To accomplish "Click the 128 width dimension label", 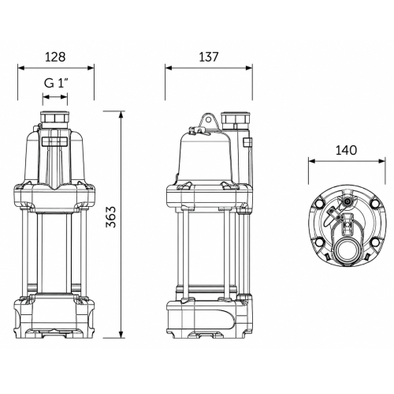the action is (55, 57).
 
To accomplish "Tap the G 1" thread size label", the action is (56, 84).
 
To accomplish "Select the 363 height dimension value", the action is (111, 217).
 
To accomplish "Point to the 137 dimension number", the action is (208, 57).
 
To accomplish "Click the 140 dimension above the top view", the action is (346, 150).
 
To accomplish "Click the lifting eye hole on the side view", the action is (208, 120).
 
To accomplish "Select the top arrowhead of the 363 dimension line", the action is (121, 114).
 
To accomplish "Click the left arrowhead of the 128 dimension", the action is (20, 68).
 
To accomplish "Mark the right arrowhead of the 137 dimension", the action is (249, 68).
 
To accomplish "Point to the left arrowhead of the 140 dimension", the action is (312, 161).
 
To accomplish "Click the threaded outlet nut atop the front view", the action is (55, 118).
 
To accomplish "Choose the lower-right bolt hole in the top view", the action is (376, 242).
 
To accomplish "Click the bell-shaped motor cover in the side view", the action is (206, 158).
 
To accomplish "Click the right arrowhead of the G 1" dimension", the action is (65, 97).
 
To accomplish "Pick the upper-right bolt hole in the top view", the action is (376, 203).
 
